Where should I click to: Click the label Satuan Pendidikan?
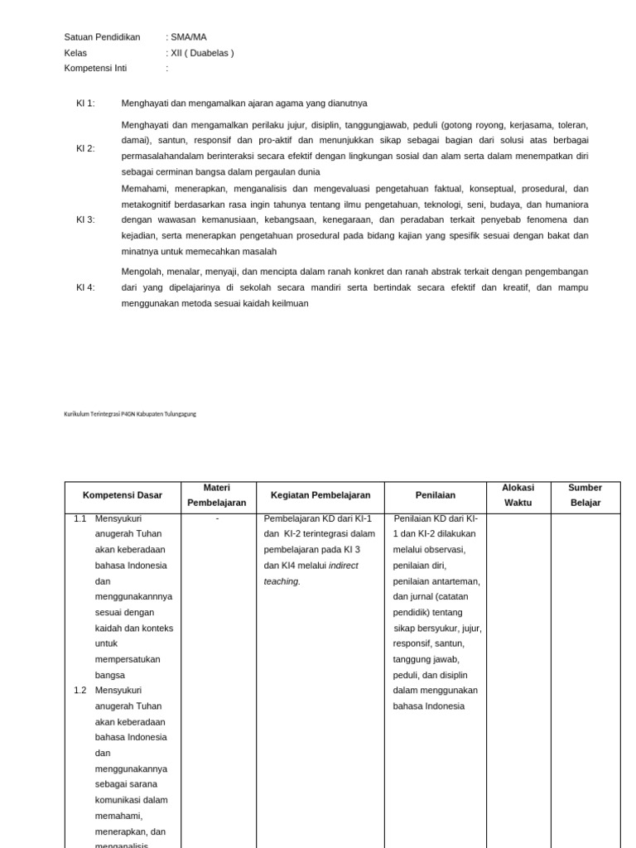[102, 37]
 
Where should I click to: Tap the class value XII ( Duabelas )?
[201, 53]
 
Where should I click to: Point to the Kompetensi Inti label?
[95, 69]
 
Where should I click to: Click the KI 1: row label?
[85, 104]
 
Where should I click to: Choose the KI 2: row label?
[85, 148]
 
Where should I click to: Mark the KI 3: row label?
[85, 219]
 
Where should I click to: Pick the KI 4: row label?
[85, 287]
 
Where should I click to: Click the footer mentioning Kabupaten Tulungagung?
[130, 414]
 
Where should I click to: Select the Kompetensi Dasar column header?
[123, 495]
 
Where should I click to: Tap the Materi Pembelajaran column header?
[216, 495]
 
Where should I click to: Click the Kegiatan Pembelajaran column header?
[320, 495]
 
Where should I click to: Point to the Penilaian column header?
[436, 495]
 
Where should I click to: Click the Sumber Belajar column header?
[585, 495]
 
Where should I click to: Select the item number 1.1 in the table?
[80, 519]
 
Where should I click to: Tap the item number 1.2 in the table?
[80, 691]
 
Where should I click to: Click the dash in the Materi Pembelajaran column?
[217, 519]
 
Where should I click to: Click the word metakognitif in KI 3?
[149, 205]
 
